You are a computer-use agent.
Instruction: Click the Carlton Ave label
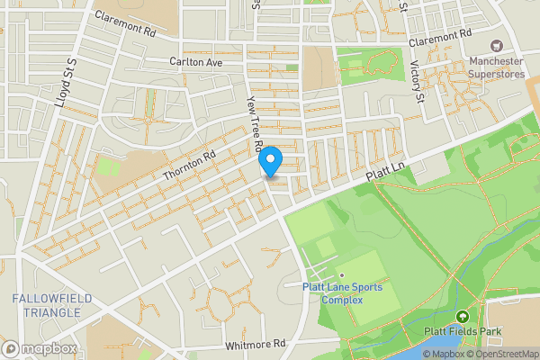[x=195, y=62]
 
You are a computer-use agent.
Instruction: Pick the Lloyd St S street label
[x=64, y=83]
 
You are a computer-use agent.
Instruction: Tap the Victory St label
[x=415, y=79]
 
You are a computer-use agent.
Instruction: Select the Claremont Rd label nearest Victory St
[x=440, y=40]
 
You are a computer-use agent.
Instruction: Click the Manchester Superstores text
[x=495, y=68]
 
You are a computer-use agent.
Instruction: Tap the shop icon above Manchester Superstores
[x=495, y=46]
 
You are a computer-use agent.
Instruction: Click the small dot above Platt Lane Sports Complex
[x=341, y=276]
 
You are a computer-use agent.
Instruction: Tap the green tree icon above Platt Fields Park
[x=463, y=317]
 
